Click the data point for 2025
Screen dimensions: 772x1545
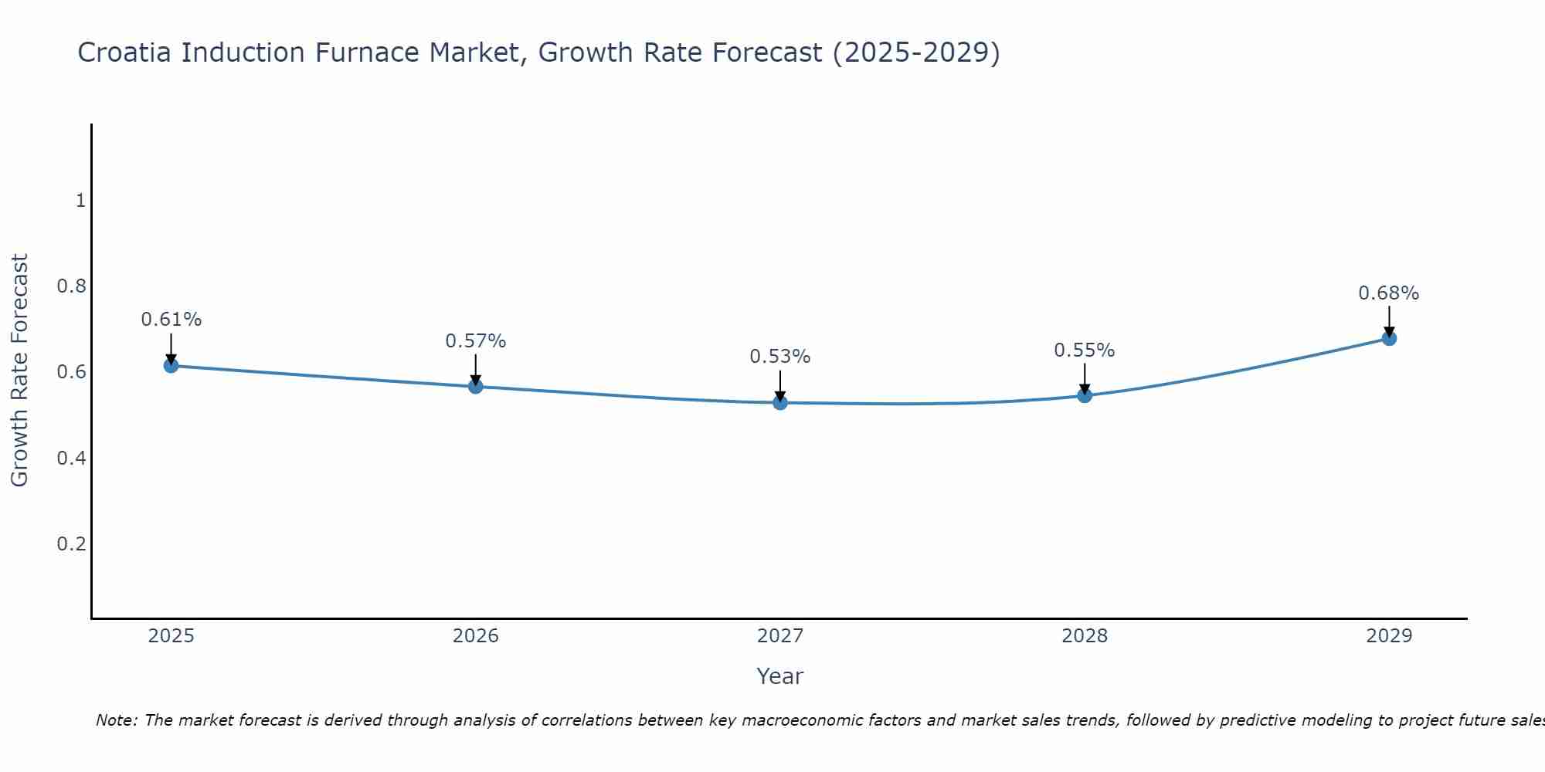[x=171, y=365]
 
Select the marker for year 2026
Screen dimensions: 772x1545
[x=476, y=386]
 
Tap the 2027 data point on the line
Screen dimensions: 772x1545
[x=780, y=402]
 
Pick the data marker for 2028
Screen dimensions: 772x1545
[x=1085, y=395]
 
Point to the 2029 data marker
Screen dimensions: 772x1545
[x=1389, y=338]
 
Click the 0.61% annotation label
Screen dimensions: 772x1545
[x=171, y=320]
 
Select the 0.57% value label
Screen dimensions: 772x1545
[x=476, y=341]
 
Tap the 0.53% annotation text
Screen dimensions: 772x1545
[x=780, y=357]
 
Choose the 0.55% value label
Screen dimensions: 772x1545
[x=1085, y=350]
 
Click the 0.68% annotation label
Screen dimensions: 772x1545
[x=1389, y=293]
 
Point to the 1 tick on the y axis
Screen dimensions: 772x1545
[x=80, y=201]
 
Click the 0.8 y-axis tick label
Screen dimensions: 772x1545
[x=71, y=286]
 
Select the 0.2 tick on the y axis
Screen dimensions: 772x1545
[x=71, y=544]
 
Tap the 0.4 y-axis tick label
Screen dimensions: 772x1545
[x=71, y=459]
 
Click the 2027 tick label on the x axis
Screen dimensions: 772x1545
[x=780, y=636]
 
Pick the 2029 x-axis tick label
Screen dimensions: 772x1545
[x=1389, y=636]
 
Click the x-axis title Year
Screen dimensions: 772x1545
[x=780, y=676]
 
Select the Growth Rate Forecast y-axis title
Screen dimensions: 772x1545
[x=19, y=371]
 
